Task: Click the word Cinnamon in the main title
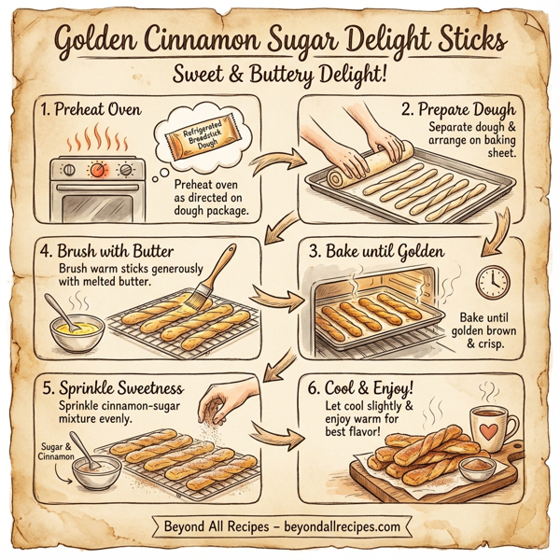(x=221, y=43)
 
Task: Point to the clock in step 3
(x=492, y=282)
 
